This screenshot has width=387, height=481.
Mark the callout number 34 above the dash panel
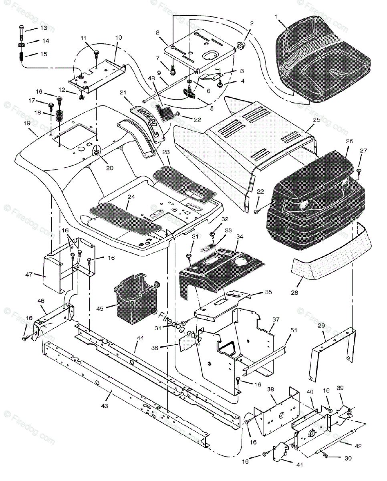click(x=240, y=236)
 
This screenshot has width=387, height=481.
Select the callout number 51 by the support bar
click(x=294, y=330)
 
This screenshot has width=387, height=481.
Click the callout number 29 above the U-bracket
click(x=322, y=326)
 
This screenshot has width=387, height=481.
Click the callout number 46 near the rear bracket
click(x=41, y=301)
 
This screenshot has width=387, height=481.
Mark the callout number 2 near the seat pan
click(x=252, y=24)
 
